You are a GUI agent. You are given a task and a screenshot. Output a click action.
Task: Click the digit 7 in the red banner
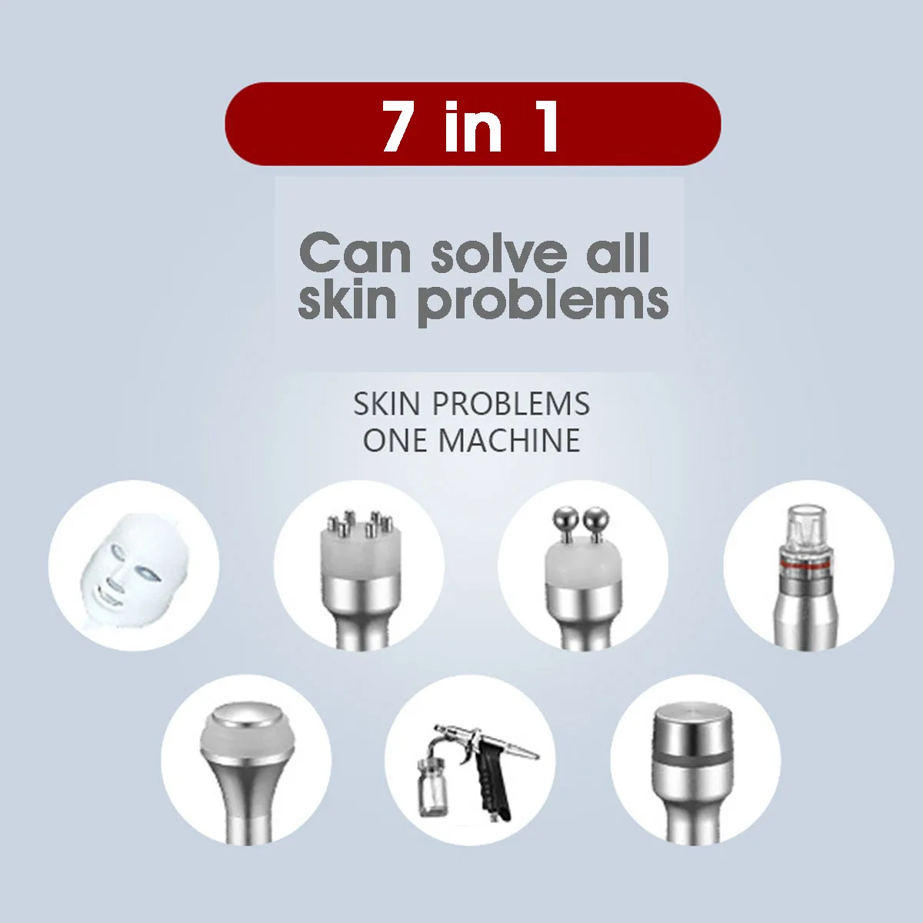click(x=398, y=125)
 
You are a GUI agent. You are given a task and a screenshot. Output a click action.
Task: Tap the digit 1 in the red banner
click(x=548, y=125)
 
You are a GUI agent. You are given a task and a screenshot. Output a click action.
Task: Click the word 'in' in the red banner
click(x=472, y=126)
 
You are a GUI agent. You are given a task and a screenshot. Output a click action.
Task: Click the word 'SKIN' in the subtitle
click(x=388, y=404)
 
